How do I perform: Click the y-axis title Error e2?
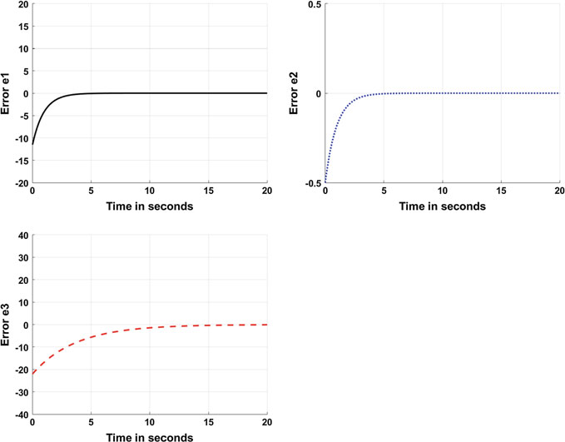(x=302, y=93)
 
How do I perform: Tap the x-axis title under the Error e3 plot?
(x=150, y=436)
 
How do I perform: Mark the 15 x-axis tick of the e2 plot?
(x=501, y=192)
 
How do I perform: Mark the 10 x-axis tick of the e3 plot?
(x=150, y=424)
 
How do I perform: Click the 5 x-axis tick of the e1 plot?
(x=91, y=192)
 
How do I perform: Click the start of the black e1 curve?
(x=32, y=144)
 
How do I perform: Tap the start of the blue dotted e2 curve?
(x=325, y=181)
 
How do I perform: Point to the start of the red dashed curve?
(x=32, y=373)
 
